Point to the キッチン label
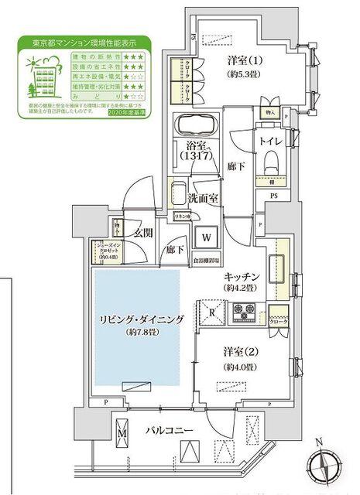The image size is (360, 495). point(241,275)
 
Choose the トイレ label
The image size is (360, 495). point(269,140)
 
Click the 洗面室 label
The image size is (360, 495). point(202,197)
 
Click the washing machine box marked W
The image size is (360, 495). point(207,237)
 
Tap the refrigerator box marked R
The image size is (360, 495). point(213,312)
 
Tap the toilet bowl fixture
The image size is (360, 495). point(270,160)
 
